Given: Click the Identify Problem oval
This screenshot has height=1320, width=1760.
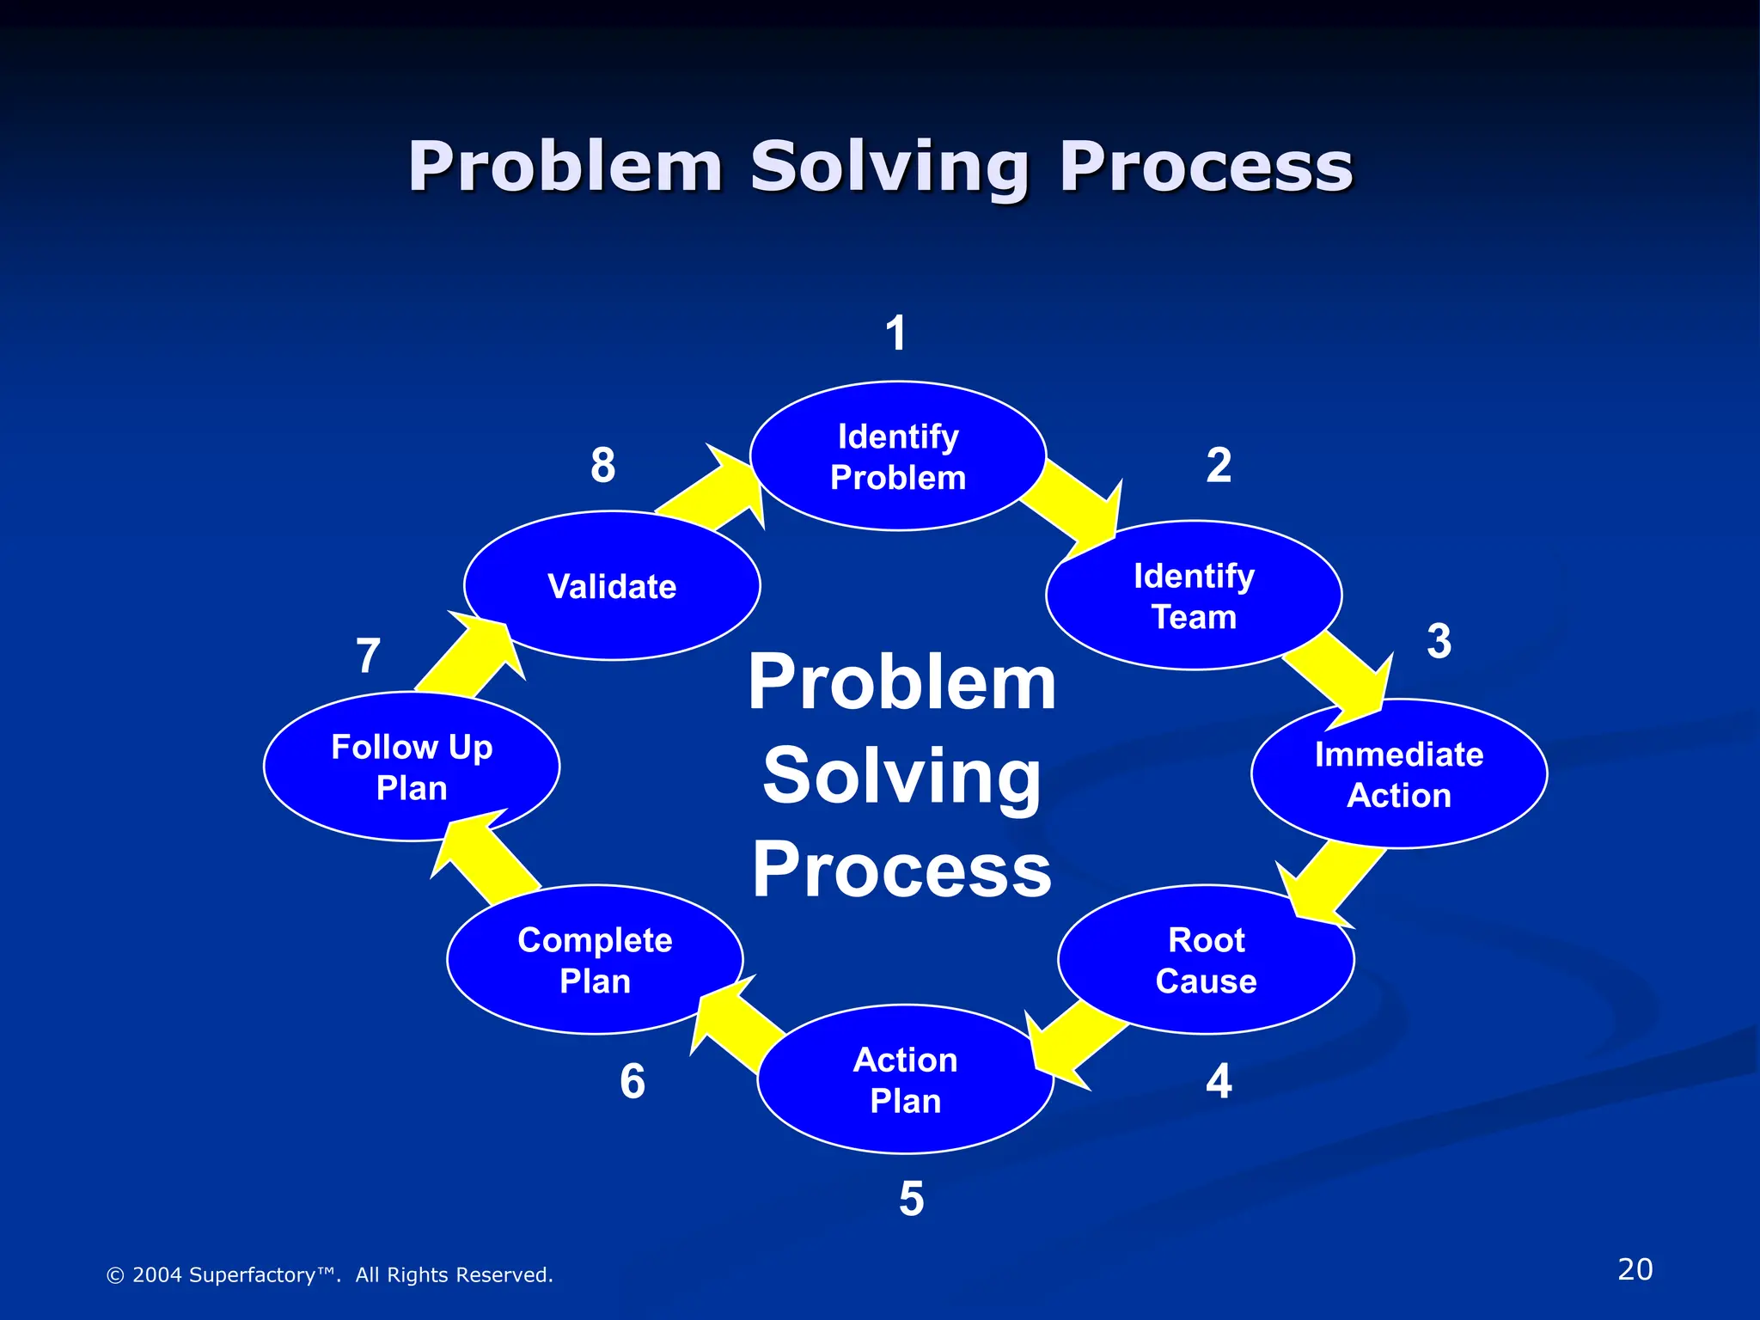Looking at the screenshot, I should click(898, 456).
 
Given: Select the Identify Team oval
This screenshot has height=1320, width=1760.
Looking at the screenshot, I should click(1194, 596).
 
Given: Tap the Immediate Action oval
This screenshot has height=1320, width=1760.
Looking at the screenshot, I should click(1399, 774).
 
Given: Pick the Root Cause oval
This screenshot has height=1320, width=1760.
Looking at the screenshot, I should click(1206, 960).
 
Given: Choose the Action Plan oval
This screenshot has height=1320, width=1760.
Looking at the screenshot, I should click(905, 1079).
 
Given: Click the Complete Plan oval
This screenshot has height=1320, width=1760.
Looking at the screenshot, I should click(595, 960).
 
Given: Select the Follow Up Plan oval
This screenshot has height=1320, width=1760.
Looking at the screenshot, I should click(412, 767).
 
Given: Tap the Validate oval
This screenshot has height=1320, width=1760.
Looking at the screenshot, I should click(612, 586).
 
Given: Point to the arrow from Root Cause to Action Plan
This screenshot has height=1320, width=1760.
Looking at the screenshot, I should click(1074, 1044).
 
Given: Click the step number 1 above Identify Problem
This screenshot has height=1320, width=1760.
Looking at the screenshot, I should click(896, 333).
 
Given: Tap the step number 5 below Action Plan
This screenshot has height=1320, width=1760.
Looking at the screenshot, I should click(911, 1199).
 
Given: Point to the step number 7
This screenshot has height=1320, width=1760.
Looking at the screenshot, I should click(368, 656).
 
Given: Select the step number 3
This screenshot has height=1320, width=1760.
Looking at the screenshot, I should click(1439, 641).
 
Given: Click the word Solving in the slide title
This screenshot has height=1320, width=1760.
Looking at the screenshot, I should click(889, 168).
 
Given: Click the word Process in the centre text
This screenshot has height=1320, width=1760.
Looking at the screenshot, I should click(902, 871).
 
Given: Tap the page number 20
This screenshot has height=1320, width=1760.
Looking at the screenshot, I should click(1635, 1269).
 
